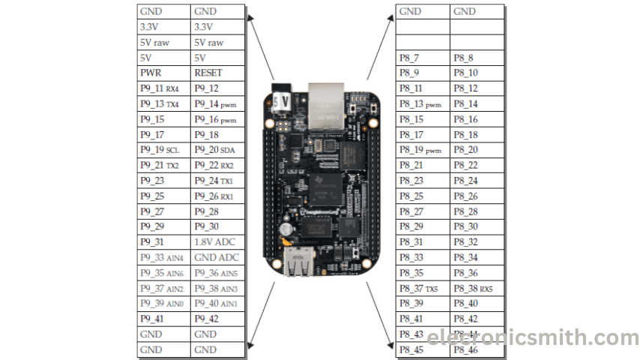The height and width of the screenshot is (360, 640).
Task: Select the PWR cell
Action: click(163, 73)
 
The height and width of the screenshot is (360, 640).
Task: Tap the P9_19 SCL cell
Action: click(163, 150)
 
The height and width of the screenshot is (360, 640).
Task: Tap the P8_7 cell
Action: click(423, 58)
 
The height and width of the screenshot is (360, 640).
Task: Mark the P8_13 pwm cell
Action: click(423, 104)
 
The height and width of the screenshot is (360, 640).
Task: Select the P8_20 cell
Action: click(477, 150)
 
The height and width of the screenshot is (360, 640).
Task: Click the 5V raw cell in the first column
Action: click(163, 43)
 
